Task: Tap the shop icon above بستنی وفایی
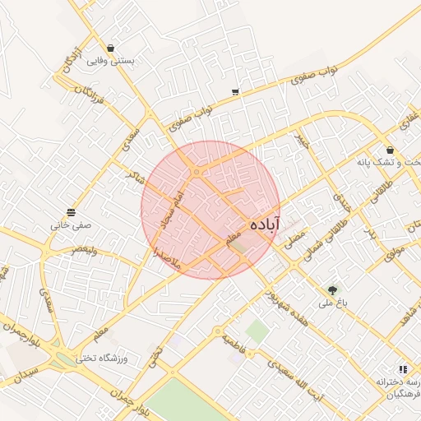point(111,48)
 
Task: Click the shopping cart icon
point(236,91)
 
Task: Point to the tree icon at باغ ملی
point(332,289)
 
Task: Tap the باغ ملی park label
point(333,303)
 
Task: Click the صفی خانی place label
point(71,224)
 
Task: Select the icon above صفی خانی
point(71,211)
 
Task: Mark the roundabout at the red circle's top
point(197,172)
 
